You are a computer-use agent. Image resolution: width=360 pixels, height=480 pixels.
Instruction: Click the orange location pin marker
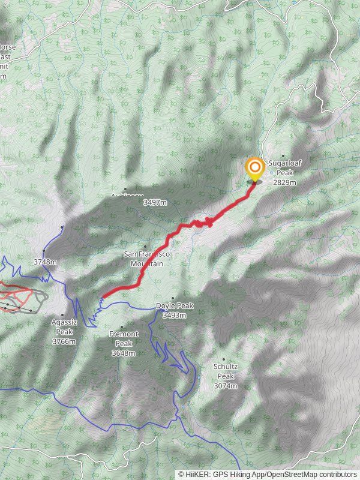[254, 168]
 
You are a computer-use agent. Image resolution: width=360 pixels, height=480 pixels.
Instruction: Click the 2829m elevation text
[285, 182]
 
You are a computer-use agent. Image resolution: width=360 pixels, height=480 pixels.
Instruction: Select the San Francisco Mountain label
[146, 259]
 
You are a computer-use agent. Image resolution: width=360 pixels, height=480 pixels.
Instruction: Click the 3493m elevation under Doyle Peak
[174, 315]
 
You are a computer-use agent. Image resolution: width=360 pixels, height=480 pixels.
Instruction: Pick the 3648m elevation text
[124, 353]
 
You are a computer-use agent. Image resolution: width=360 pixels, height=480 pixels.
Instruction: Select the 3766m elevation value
[64, 341]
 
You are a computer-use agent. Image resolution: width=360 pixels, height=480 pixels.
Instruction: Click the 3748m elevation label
[45, 262]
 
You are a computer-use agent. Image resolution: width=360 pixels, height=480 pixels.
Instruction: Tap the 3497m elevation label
[155, 203]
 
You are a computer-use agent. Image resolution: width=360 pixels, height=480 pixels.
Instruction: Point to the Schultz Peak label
[226, 371]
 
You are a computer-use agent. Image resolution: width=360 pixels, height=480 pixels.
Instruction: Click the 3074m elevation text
[226, 386]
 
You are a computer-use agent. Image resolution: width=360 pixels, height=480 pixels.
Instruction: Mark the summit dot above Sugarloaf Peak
[283, 156]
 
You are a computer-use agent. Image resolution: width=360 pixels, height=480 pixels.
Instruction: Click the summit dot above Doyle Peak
[173, 298]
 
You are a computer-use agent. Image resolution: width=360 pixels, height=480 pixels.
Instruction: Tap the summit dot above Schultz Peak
[224, 359]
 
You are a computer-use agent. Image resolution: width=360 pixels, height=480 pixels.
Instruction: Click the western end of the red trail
[102, 296]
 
